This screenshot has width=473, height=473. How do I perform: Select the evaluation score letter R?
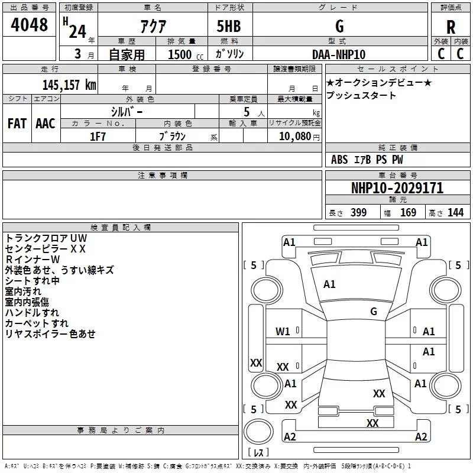click(x=451, y=27)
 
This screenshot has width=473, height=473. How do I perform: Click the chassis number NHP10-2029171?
click(x=397, y=188)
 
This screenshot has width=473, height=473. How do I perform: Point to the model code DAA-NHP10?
click(x=339, y=54)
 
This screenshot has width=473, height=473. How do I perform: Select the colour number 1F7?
click(x=98, y=136)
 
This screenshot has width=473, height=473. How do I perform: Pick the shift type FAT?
click(x=17, y=123)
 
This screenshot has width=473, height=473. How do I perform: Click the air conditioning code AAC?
click(x=45, y=123)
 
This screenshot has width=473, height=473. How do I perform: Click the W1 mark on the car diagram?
click(x=283, y=332)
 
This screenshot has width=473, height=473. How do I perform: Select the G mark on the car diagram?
click(x=373, y=312)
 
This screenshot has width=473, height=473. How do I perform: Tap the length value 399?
click(x=358, y=213)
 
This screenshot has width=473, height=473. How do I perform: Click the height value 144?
click(x=455, y=213)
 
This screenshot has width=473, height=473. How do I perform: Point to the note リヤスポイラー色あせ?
click(x=50, y=334)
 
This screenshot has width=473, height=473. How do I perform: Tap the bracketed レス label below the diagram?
click(x=258, y=453)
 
